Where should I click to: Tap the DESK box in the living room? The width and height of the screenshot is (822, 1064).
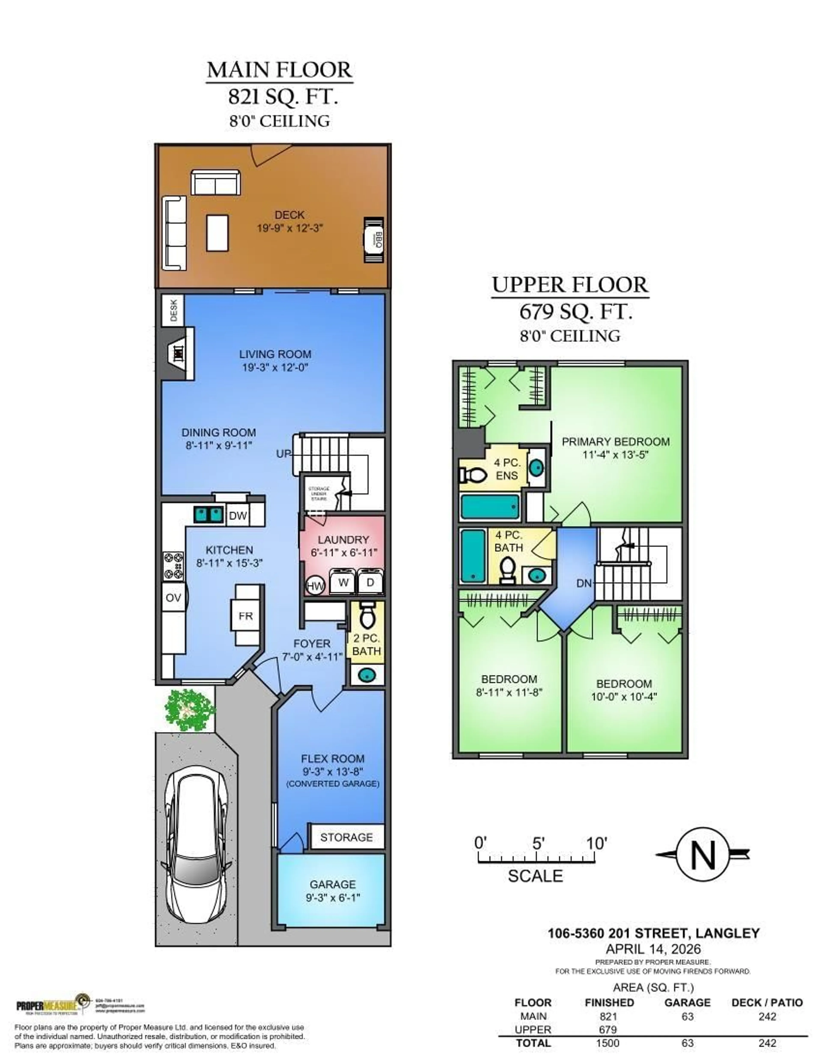[x=173, y=310]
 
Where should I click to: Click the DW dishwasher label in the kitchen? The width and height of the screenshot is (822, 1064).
[x=238, y=515]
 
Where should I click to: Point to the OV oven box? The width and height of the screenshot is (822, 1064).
[x=173, y=598]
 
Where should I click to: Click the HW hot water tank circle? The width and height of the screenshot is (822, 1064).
[x=315, y=586]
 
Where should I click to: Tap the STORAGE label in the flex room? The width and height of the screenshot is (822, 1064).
[x=346, y=837]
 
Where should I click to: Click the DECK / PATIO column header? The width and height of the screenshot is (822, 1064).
[x=767, y=1003]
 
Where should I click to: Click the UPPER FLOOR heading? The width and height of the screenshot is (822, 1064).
[x=570, y=285]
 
